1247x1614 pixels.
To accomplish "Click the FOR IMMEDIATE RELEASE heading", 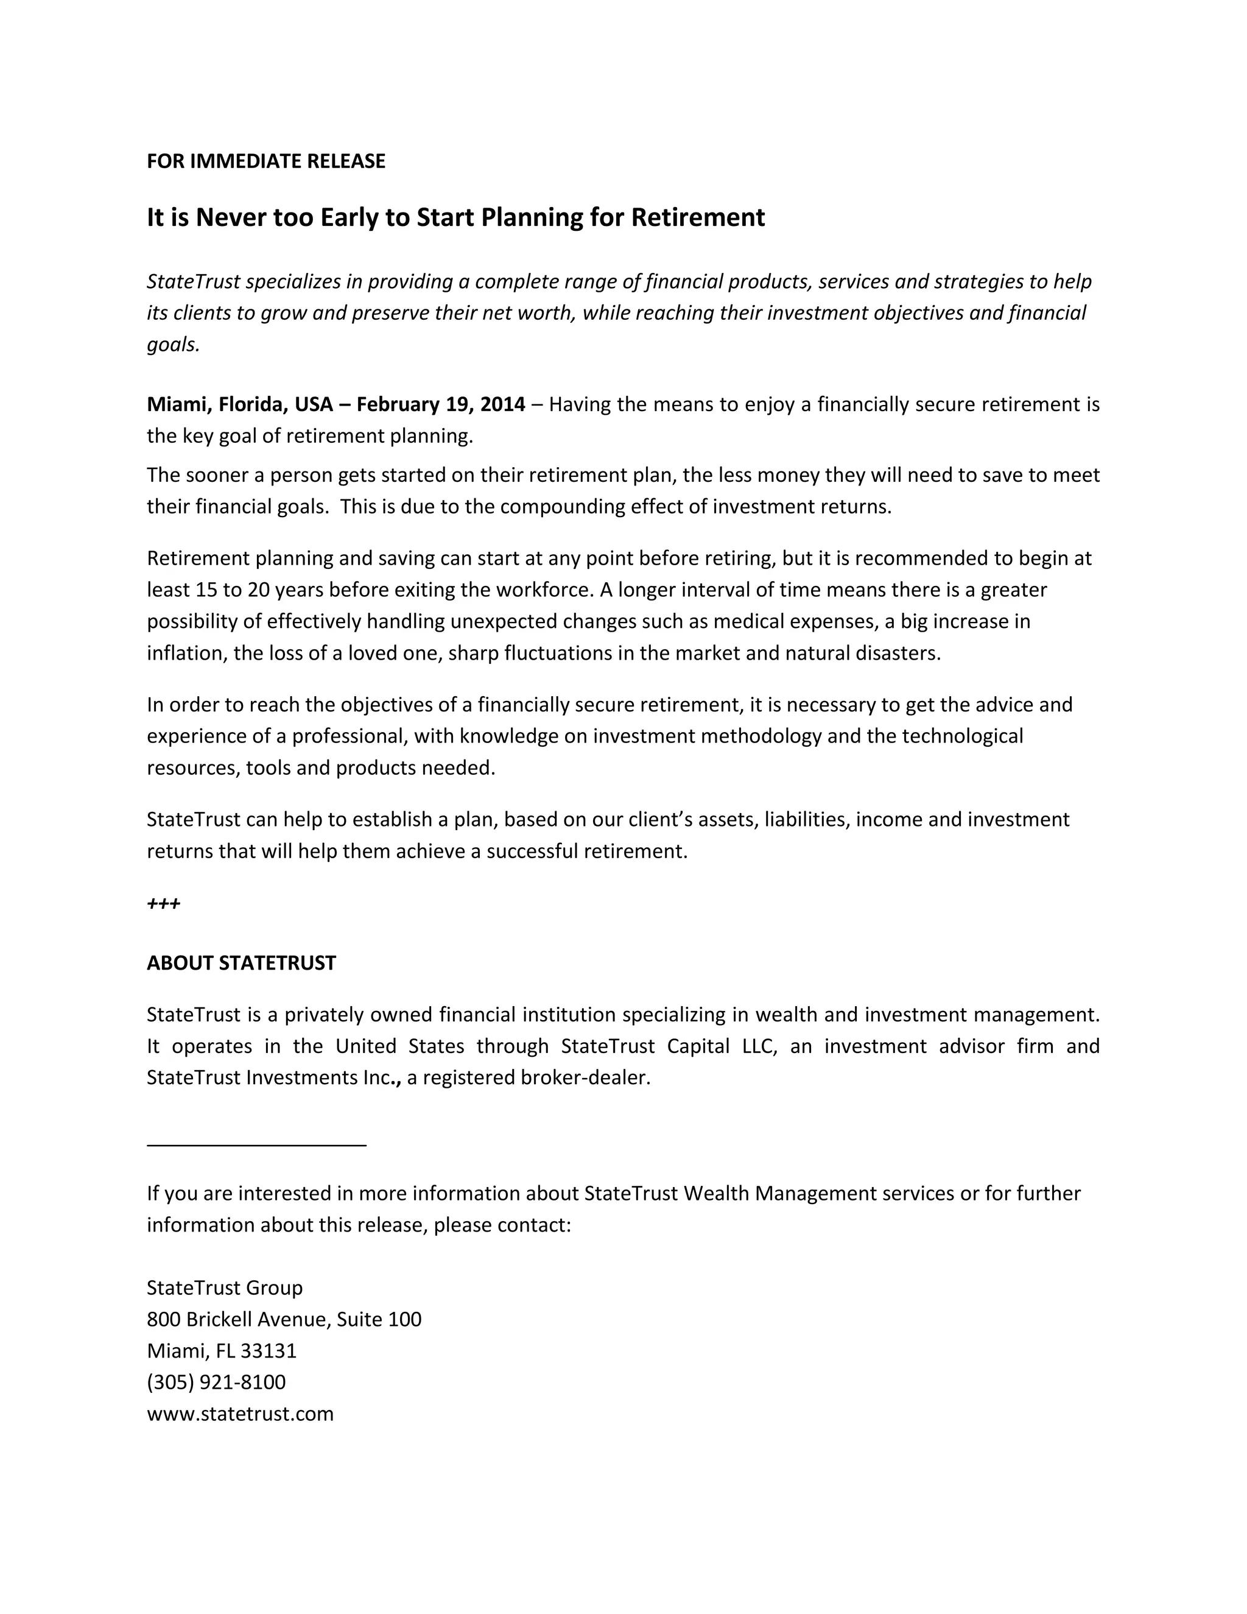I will click(266, 161).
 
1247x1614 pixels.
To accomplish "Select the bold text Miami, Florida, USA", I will click(239, 404).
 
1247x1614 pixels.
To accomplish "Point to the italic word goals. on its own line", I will click(174, 344).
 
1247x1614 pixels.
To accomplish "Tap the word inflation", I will click(184, 654).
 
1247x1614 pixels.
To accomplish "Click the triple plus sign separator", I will click(163, 903).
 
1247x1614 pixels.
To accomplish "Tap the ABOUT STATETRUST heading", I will click(241, 963).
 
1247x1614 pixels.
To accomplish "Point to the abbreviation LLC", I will click(759, 1046).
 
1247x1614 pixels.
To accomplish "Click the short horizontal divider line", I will click(256, 1146).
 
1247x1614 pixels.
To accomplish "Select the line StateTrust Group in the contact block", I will click(225, 1288).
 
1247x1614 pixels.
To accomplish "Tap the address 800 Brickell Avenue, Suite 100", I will click(284, 1319).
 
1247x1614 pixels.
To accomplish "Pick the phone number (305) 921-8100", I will click(216, 1382).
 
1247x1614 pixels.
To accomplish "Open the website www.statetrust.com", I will click(240, 1414).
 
